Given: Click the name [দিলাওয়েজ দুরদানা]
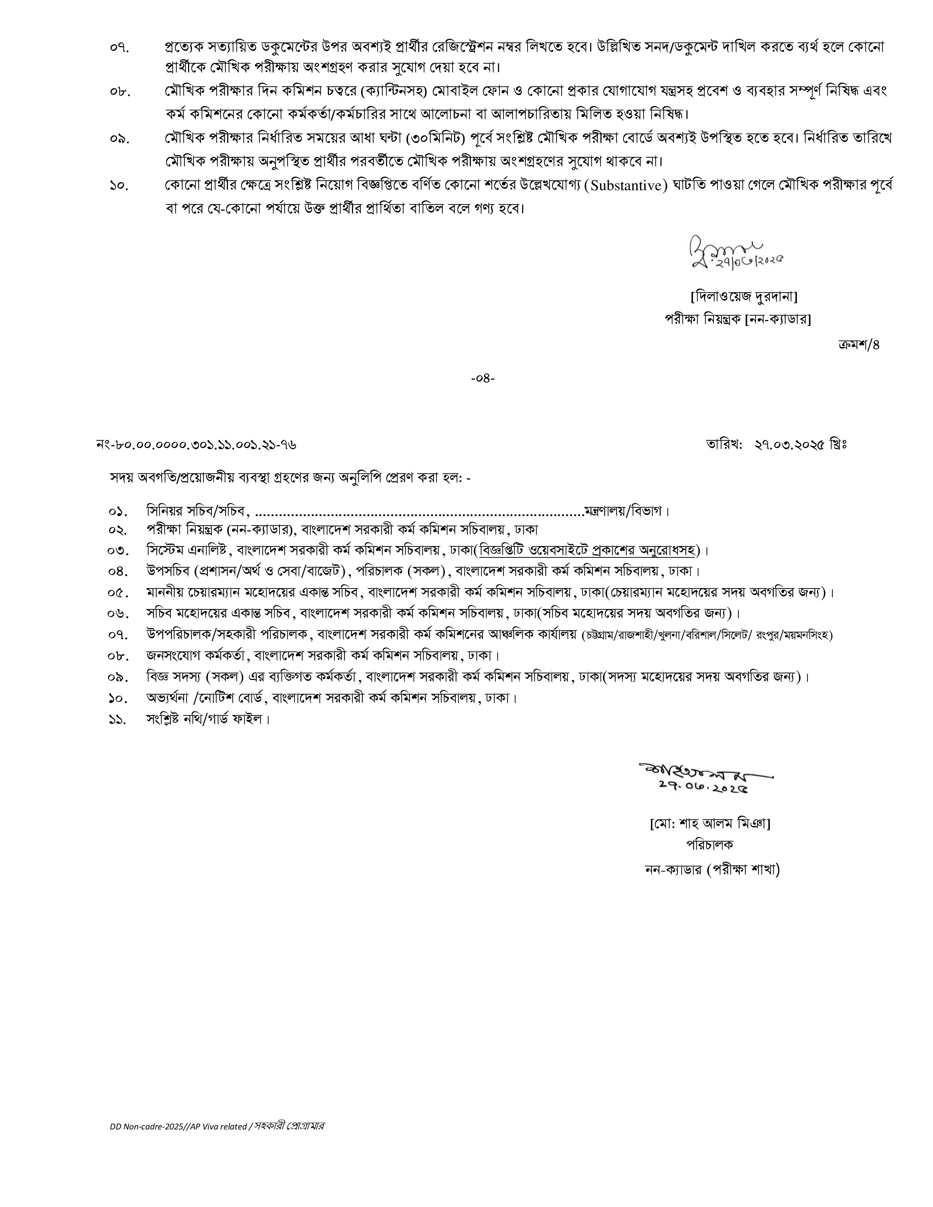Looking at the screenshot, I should [744, 297].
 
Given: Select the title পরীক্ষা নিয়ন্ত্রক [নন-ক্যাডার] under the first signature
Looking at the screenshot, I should [737, 319].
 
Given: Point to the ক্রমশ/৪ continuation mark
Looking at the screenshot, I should [858, 345].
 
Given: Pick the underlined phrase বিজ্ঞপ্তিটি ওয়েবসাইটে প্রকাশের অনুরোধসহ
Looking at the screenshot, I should [588, 550].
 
